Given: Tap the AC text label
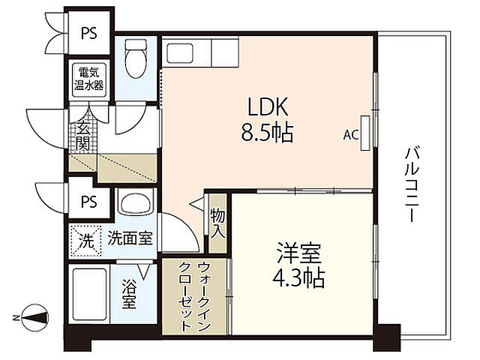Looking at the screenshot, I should (349, 136).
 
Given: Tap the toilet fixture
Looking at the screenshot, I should (136, 61).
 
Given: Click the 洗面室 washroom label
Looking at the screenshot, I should (130, 239).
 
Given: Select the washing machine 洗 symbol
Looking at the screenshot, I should (86, 241).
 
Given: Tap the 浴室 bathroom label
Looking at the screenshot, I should (130, 292).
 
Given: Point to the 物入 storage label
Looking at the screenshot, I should (217, 223).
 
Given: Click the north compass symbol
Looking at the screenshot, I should (34, 316).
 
